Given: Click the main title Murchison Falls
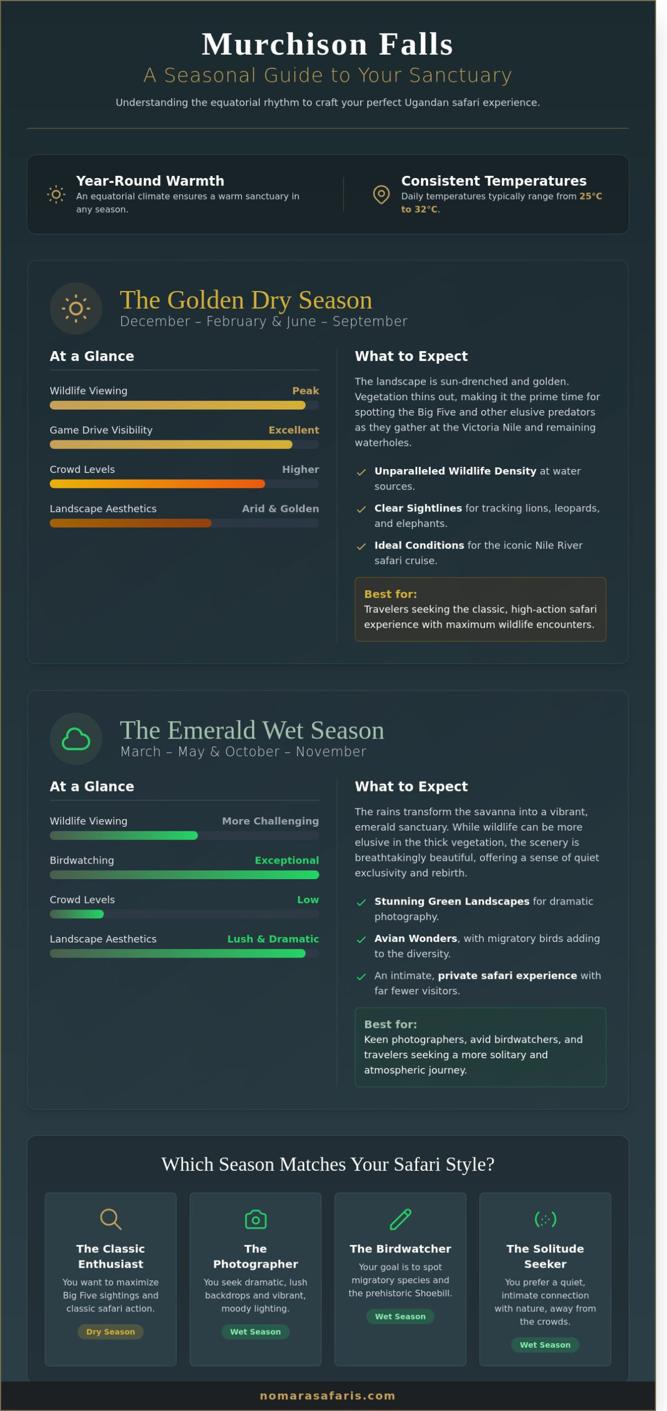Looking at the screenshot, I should tap(327, 44).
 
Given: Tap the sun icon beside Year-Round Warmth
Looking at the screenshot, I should tap(56, 195).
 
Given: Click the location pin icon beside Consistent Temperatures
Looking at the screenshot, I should tap(381, 195).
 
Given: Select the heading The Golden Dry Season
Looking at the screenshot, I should tap(246, 300).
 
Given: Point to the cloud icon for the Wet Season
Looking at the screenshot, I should tap(76, 739).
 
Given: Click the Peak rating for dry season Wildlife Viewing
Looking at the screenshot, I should tap(305, 391).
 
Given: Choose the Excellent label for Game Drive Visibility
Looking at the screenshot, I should tap(294, 430).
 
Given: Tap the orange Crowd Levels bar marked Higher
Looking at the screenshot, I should tap(157, 484).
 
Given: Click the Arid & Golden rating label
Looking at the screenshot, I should tap(280, 509).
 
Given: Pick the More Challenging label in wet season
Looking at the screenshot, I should tap(270, 821).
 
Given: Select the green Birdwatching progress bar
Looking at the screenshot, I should tap(184, 875).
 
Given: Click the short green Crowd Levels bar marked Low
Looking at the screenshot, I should tap(77, 914).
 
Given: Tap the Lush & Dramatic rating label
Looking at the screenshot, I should tap(273, 939).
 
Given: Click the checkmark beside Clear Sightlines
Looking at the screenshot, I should tap(361, 509).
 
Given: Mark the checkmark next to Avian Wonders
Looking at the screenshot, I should tap(361, 939).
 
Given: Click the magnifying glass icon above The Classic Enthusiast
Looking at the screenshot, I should tap(110, 1219).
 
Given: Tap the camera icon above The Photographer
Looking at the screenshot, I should tap(255, 1219).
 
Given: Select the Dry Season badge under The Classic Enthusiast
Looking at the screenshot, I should tap(110, 1332).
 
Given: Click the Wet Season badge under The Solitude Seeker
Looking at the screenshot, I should tap(545, 1345).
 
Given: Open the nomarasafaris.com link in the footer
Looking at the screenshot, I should tap(327, 1396).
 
